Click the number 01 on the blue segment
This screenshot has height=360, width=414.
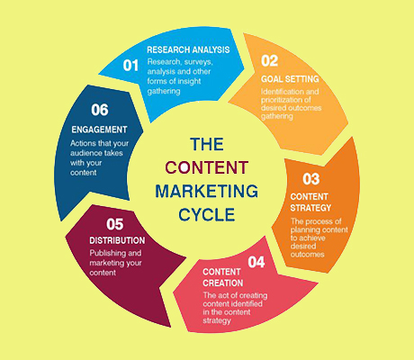[x=130, y=66]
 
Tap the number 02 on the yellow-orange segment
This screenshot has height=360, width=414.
[x=269, y=61]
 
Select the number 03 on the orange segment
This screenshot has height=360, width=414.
[x=310, y=179]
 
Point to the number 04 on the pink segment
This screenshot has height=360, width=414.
[x=256, y=262]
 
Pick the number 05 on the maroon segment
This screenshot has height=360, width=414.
[x=115, y=224]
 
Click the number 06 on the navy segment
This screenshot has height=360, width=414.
[x=100, y=110]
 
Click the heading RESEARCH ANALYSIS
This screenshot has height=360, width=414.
[x=188, y=49]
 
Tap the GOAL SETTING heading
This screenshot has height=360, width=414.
[x=290, y=79]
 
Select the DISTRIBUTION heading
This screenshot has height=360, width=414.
[x=117, y=240]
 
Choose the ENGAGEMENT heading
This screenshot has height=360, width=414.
[x=99, y=130]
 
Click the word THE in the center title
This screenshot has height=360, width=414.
[x=207, y=144]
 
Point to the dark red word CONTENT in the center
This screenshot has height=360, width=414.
[x=207, y=167]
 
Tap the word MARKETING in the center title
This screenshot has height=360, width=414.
[x=207, y=191]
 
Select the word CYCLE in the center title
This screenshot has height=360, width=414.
[x=207, y=214]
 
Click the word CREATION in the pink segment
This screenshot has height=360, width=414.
[x=223, y=283]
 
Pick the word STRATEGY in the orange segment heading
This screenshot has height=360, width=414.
[x=310, y=208]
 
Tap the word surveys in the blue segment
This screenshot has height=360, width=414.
[x=199, y=62]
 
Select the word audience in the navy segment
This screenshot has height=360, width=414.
[x=85, y=153]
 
